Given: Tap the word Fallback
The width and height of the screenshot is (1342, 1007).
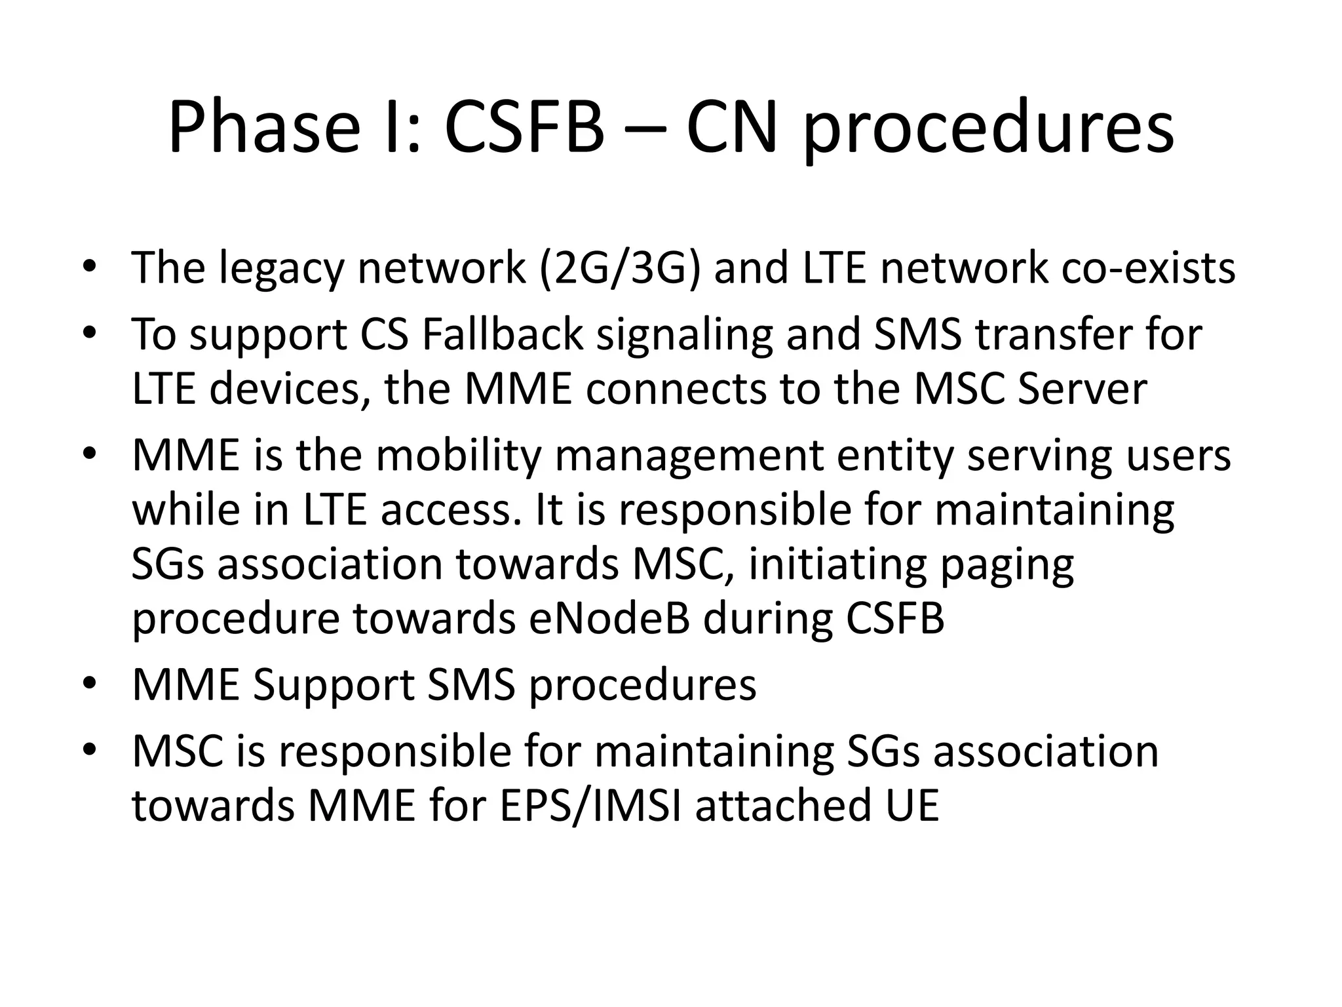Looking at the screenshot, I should (502, 334).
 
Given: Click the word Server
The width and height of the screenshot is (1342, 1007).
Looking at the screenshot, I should (1082, 389).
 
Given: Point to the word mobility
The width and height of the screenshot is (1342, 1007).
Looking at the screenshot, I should (459, 456).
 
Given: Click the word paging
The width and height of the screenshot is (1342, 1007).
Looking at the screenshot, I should (1007, 565).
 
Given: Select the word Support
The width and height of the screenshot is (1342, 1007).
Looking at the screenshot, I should (333, 686).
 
